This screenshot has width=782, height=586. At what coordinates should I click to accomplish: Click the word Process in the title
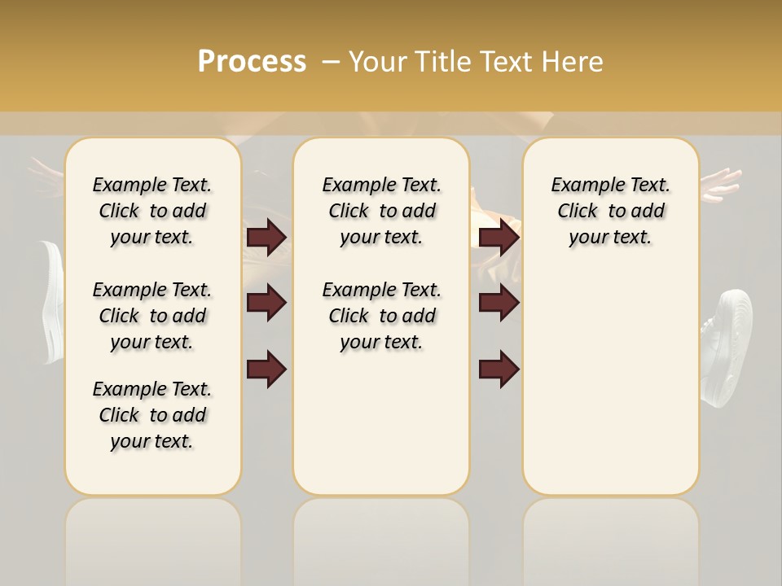tap(252, 62)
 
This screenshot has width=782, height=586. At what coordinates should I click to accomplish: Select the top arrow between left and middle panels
tap(266, 237)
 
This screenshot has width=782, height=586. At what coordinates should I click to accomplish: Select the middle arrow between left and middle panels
tap(266, 303)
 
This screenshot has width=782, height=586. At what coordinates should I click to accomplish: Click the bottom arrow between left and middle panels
tap(266, 369)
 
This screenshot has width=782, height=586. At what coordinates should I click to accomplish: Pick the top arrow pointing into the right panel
tap(499, 237)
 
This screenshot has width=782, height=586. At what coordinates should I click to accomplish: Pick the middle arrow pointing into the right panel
tap(499, 303)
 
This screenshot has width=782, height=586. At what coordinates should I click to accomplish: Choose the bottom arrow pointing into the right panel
tap(499, 369)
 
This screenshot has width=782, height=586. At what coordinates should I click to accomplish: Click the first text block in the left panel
tap(152, 211)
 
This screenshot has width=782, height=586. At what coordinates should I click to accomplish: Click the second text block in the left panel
tap(152, 316)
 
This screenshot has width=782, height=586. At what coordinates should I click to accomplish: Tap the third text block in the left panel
tap(152, 415)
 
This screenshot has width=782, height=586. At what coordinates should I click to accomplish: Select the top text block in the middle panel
tap(381, 211)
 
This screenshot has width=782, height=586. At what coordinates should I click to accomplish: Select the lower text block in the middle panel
tap(381, 316)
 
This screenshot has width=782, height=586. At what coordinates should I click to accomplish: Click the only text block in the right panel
tap(610, 211)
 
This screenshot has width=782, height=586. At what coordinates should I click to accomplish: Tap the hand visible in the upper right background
tap(720, 184)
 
